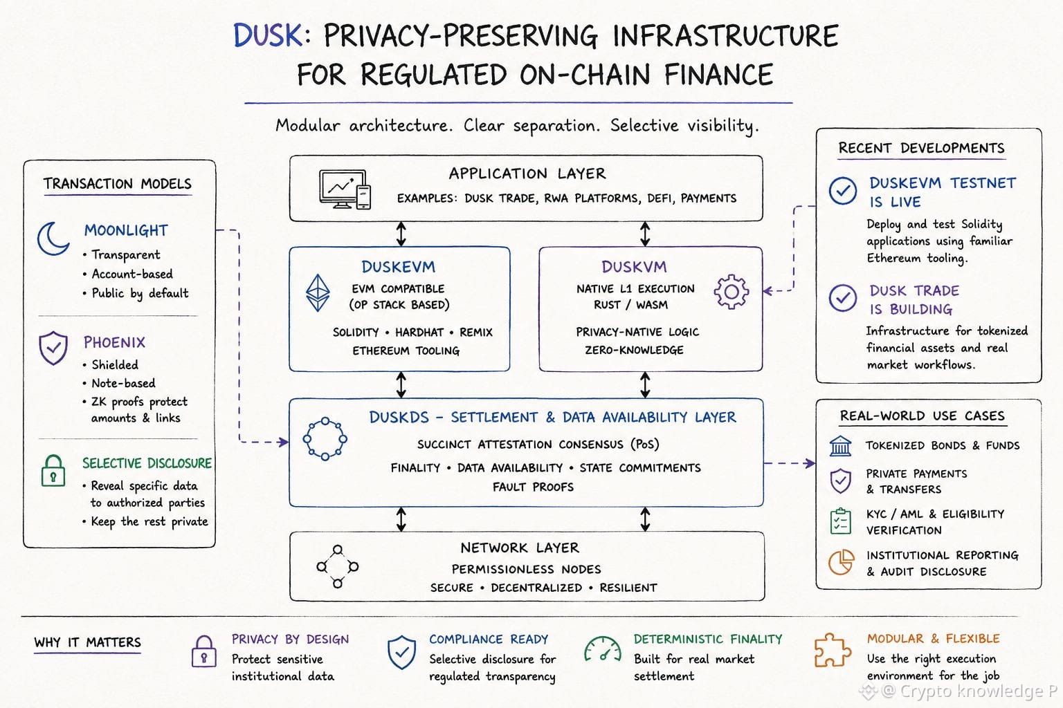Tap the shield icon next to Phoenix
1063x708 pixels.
[x=53, y=348]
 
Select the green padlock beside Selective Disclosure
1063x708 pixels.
[x=53, y=470]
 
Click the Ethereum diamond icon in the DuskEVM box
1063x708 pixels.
[x=318, y=292]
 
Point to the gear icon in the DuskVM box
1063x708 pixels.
[x=732, y=292]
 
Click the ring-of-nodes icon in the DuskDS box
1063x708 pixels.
[x=325, y=438]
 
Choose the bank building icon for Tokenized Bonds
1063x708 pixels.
[x=840, y=446]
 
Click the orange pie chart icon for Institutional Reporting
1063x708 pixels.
[x=841, y=562]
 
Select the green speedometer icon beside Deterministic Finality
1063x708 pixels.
[x=603, y=649]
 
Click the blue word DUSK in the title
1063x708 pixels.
[x=268, y=35]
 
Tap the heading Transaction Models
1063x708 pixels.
[x=118, y=183]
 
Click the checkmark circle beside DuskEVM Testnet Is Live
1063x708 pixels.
[x=843, y=191]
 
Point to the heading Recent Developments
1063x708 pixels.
[x=921, y=148]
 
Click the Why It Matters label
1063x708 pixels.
[x=87, y=642]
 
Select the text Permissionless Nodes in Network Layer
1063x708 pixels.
[x=526, y=569]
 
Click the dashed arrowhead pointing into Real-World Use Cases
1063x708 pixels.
[x=810, y=463]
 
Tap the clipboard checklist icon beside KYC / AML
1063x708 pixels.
[x=840, y=521]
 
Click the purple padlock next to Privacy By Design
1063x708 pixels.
[x=204, y=651]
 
